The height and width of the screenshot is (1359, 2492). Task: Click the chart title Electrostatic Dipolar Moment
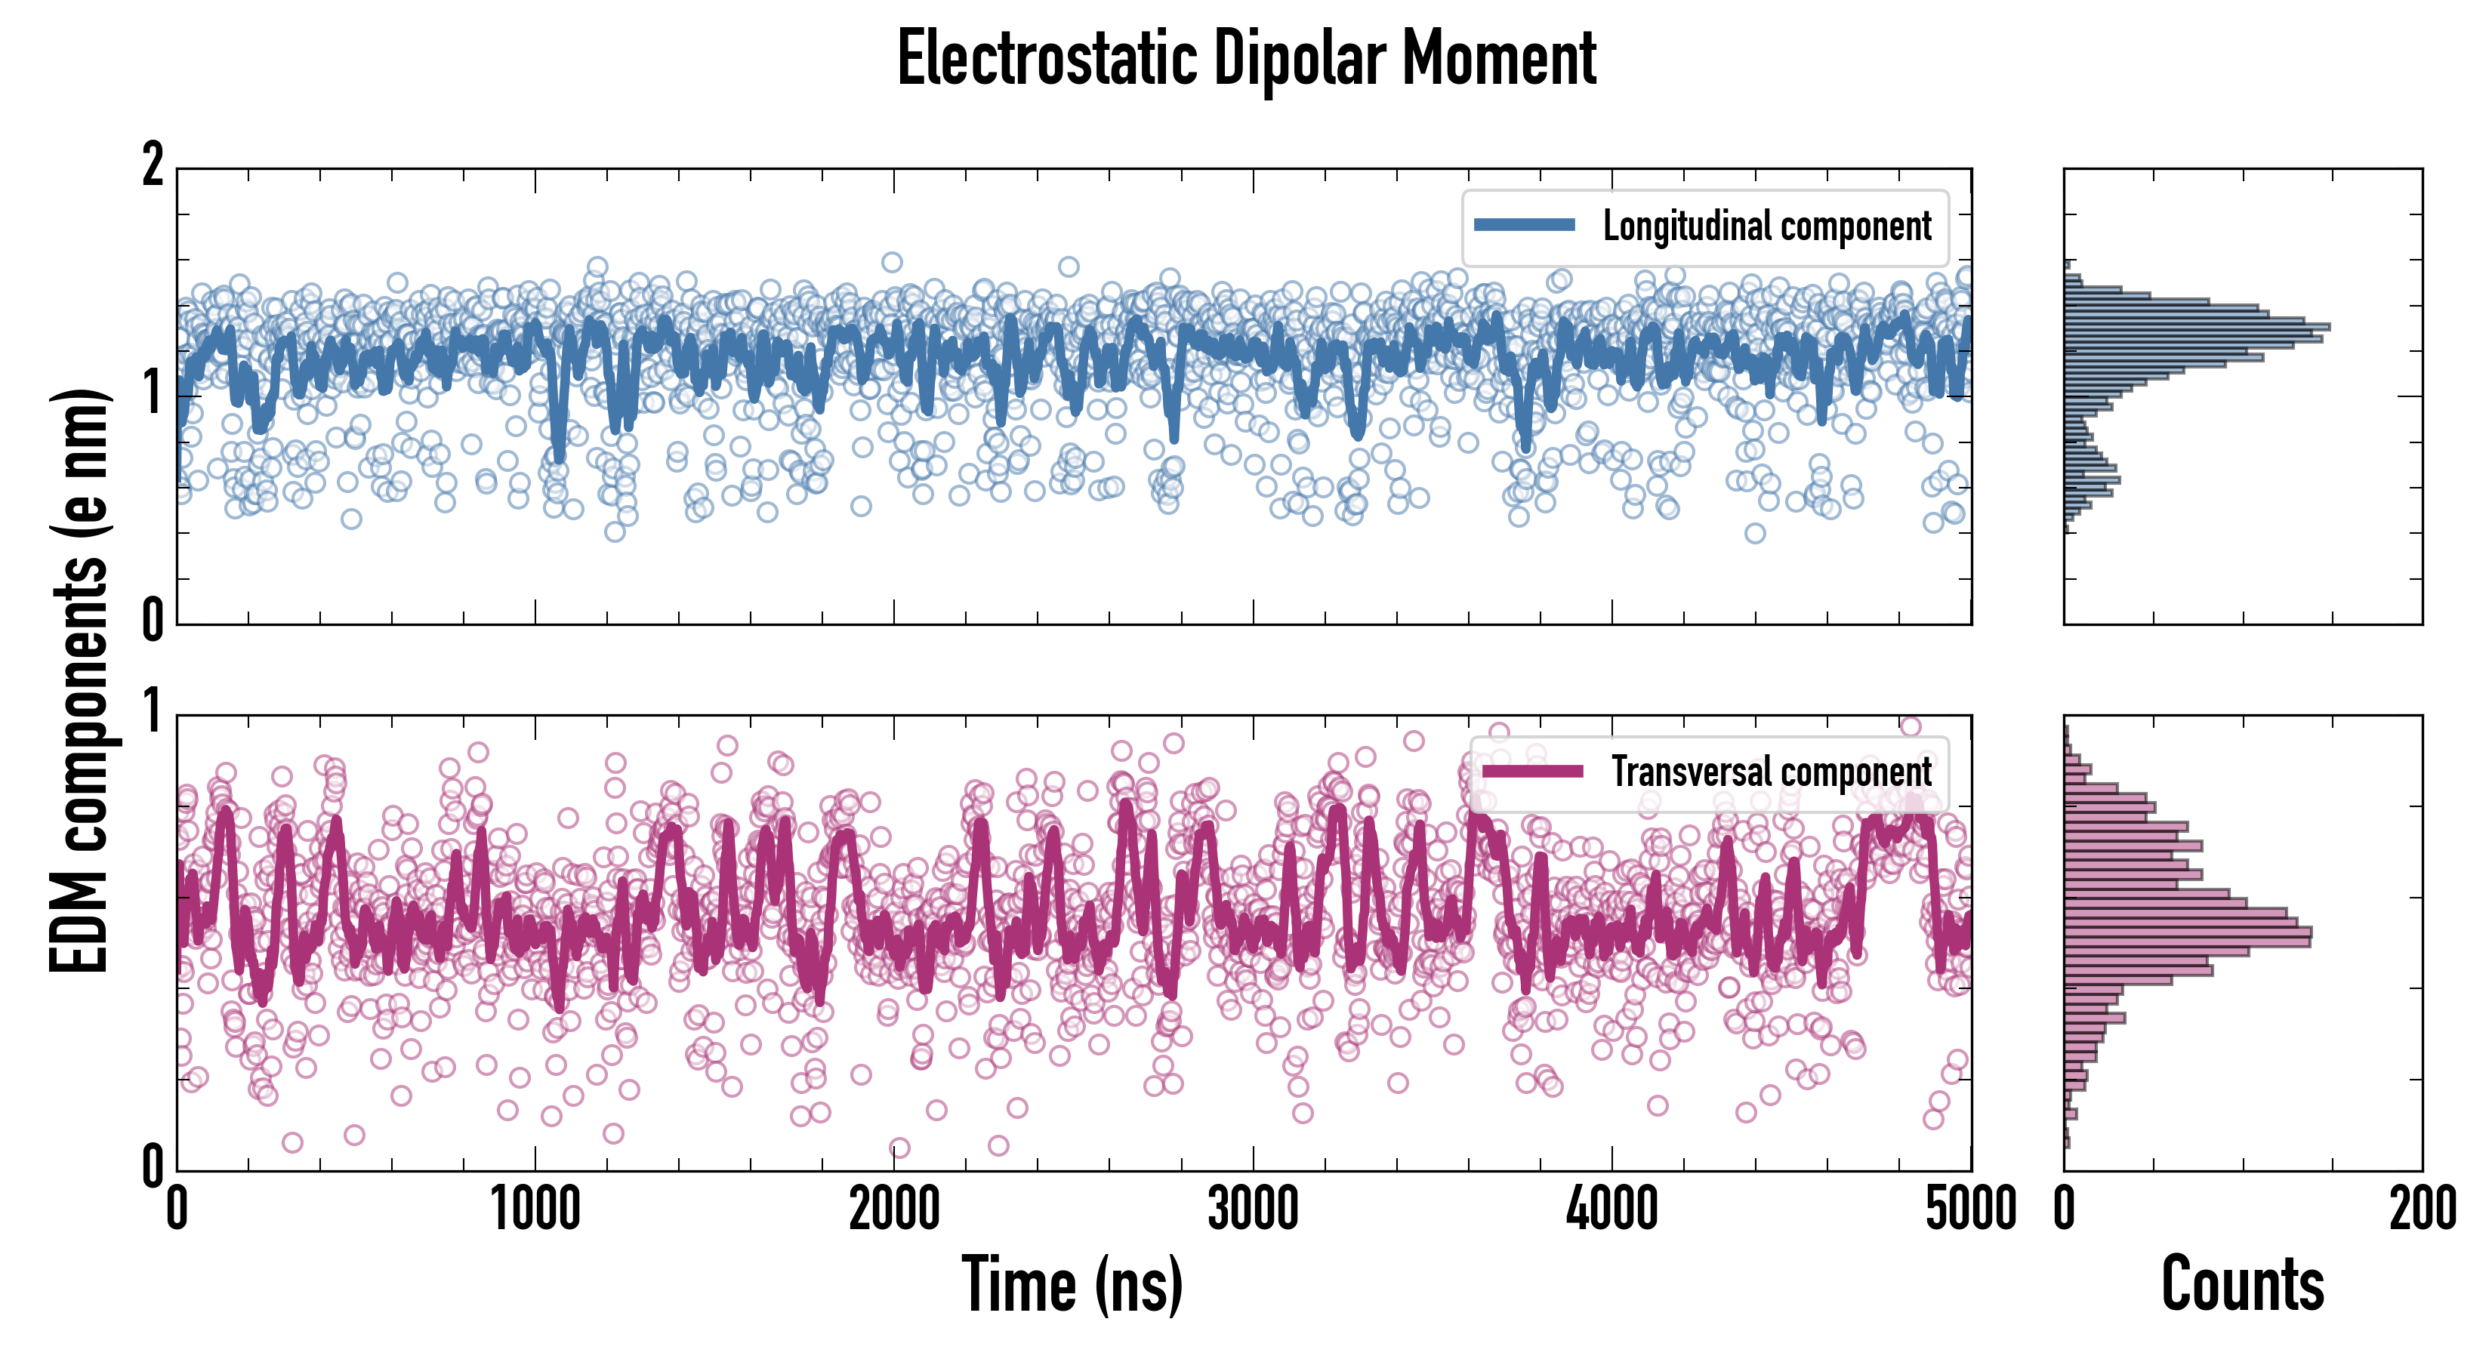click(1246, 60)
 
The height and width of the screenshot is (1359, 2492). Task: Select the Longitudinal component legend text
click(1766, 226)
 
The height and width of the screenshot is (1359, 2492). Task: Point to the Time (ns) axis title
click(1072, 1284)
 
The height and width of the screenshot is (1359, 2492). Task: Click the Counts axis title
click(2242, 1284)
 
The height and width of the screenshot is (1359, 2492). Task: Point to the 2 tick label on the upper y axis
click(153, 165)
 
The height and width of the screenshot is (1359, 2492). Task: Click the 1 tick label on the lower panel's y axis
click(153, 712)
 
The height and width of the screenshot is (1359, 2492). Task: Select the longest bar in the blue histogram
click(2196, 326)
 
